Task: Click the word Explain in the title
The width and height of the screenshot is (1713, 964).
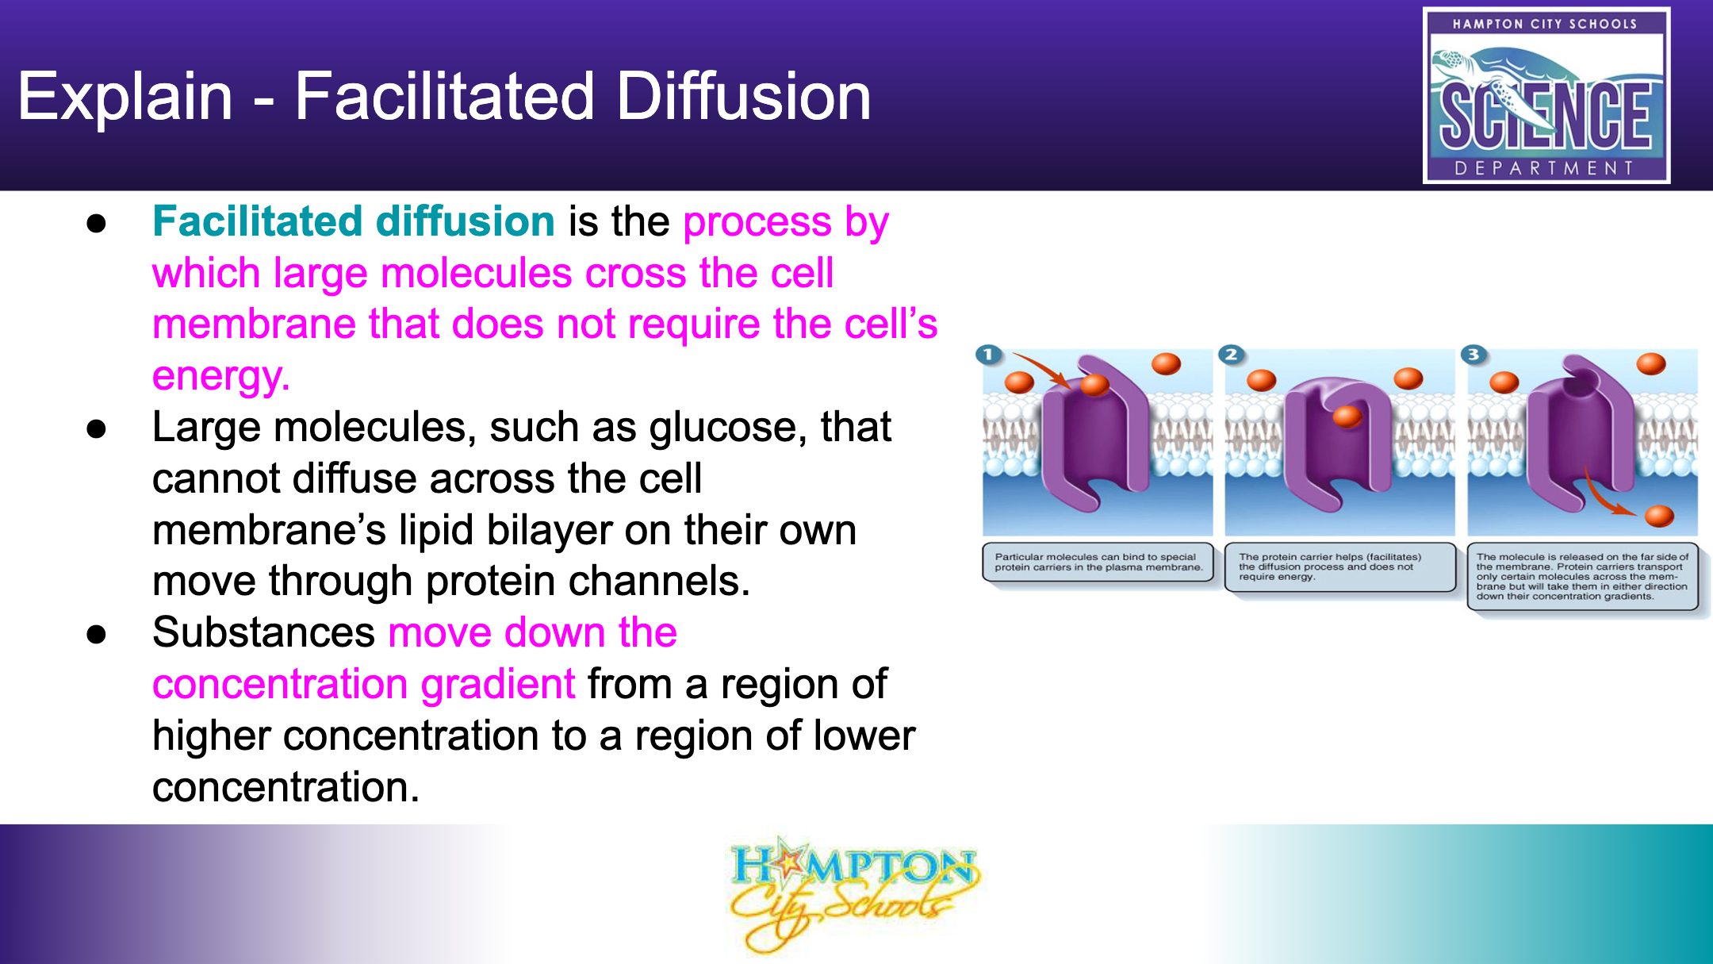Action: (x=125, y=98)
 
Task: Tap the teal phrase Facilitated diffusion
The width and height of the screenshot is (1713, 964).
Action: (x=354, y=221)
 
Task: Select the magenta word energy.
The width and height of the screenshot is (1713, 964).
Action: (x=220, y=376)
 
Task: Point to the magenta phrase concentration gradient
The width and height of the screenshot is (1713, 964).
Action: (x=364, y=685)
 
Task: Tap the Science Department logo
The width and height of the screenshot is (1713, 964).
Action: (x=1546, y=95)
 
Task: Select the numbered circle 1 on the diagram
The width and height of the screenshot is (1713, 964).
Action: (x=988, y=355)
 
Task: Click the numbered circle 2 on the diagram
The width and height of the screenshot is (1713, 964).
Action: (x=1231, y=355)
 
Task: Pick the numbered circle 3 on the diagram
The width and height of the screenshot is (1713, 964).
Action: (x=1473, y=355)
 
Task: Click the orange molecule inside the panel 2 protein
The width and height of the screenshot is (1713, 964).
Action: (x=1347, y=416)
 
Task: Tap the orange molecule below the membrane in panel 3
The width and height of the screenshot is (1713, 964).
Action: (x=1659, y=517)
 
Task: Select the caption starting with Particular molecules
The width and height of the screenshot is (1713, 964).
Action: (x=1098, y=563)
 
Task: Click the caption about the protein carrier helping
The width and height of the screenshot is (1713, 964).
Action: (x=1340, y=567)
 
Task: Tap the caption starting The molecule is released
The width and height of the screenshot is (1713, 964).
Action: (x=1583, y=577)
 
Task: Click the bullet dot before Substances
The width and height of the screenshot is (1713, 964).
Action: (x=97, y=635)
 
